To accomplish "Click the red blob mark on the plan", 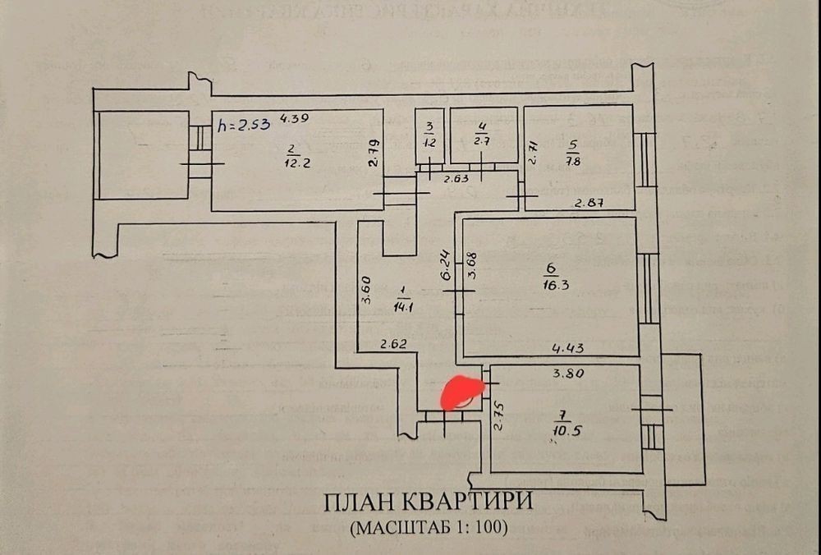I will pyautogui.click(x=462, y=392).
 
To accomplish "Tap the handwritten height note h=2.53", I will pyautogui.click(x=244, y=126).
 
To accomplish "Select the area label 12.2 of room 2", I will pyautogui.click(x=292, y=162).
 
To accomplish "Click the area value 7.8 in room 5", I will pyautogui.click(x=572, y=161).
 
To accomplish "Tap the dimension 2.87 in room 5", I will pyautogui.click(x=588, y=203).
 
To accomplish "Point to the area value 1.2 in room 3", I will pyautogui.click(x=428, y=141).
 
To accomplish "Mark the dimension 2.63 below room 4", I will pyautogui.click(x=457, y=179).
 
